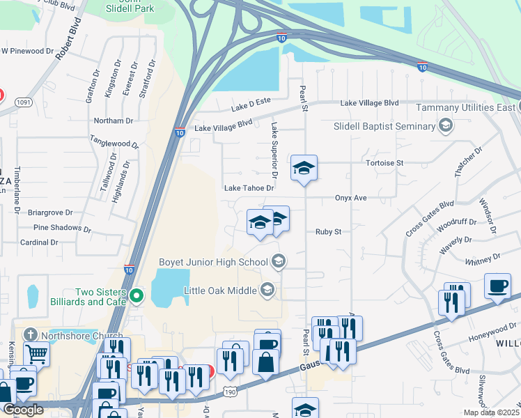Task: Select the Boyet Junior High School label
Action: [216, 262]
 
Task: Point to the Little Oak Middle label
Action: [220, 289]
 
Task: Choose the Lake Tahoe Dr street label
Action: [249, 188]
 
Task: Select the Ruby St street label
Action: [328, 231]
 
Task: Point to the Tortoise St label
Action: [384, 163]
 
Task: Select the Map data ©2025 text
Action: [490, 412]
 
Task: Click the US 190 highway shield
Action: [231, 394]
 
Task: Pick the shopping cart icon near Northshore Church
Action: [36, 353]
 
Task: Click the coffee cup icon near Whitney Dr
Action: [497, 286]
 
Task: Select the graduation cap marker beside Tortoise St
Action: [304, 168]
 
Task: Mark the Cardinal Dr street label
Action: [39, 242]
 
